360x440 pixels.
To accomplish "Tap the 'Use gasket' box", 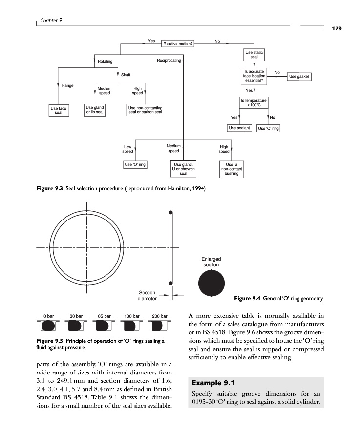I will pyautogui.click(x=299, y=76).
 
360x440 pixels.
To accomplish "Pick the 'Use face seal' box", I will pyautogui.click(x=59, y=110).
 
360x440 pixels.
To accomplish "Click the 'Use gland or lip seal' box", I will pyautogui.click(x=95, y=110).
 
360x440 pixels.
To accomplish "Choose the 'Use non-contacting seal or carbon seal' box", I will pyautogui.click(x=145, y=110).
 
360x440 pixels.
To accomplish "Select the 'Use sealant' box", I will pyautogui.click(x=239, y=128).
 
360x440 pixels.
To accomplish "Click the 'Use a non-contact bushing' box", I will pyautogui.click(x=232, y=169).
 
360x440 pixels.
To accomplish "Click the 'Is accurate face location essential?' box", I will pyautogui.click(x=254, y=76).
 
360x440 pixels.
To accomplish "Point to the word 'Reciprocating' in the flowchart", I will pyautogui.click(x=169, y=61).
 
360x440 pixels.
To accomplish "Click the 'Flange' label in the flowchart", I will pyautogui.click(x=67, y=86).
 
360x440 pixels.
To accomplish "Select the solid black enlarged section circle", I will pyautogui.click(x=212, y=284).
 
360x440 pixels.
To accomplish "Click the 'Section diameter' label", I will pyautogui.click(x=147, y=295).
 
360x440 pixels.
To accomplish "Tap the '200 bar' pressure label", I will pyautogui.click(x=160, y=316).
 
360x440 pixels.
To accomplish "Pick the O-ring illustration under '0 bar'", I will pyautogui.click(x=48, y=326).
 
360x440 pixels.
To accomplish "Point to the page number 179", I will pyautogui.click(x=337, y=29).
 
